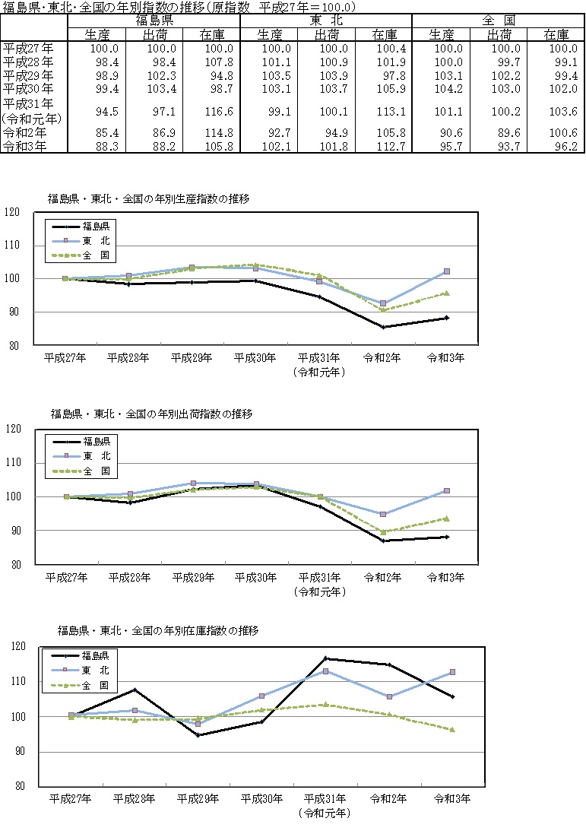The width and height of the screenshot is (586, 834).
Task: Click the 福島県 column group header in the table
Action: [154, 21]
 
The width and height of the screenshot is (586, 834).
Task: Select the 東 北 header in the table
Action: [327, 21]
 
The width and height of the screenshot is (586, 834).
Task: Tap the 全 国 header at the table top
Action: [499, 21]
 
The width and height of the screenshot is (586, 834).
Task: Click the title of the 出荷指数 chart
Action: [151, 414]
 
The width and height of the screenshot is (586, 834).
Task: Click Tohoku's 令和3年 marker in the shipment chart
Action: [446, 491]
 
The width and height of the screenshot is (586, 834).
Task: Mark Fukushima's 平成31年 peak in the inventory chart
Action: [325, 658]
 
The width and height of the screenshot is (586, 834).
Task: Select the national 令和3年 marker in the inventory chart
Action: [452, 729]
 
